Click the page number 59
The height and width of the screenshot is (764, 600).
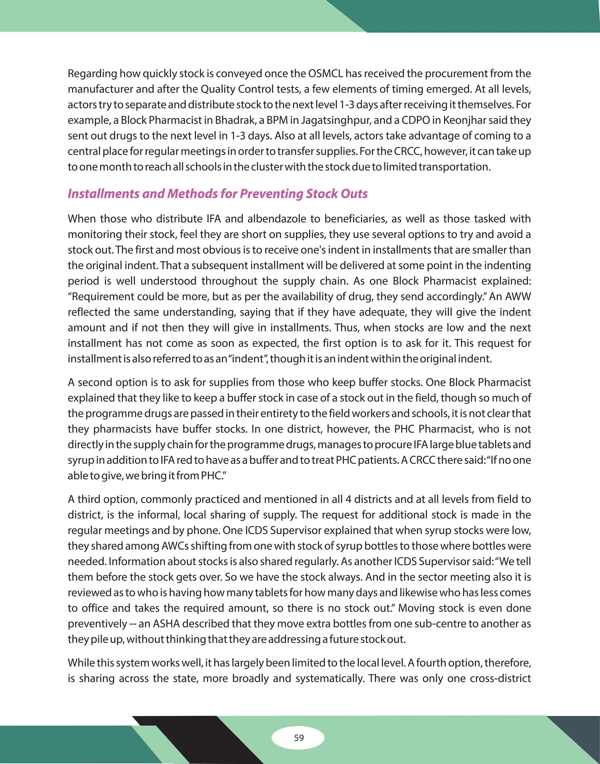click(x=299, y=738)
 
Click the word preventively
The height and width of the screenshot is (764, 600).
click(x=97, y=623)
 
